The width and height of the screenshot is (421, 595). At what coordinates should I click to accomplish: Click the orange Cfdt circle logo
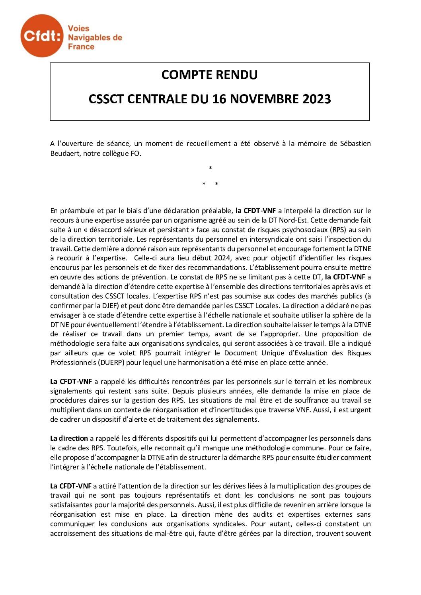pyautogui.click(x=42, y=36)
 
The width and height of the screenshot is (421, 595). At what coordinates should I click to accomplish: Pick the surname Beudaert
pyautogui.click(x=65, y=153)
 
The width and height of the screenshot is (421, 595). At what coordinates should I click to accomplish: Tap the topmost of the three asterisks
pyautogui.click(x=210, y=168)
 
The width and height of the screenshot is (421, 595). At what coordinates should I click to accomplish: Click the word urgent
pyautogui.click(x=361, y=410)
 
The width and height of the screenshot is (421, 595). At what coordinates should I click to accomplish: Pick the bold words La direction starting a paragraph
pyautogui.click(x=69, y=438)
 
